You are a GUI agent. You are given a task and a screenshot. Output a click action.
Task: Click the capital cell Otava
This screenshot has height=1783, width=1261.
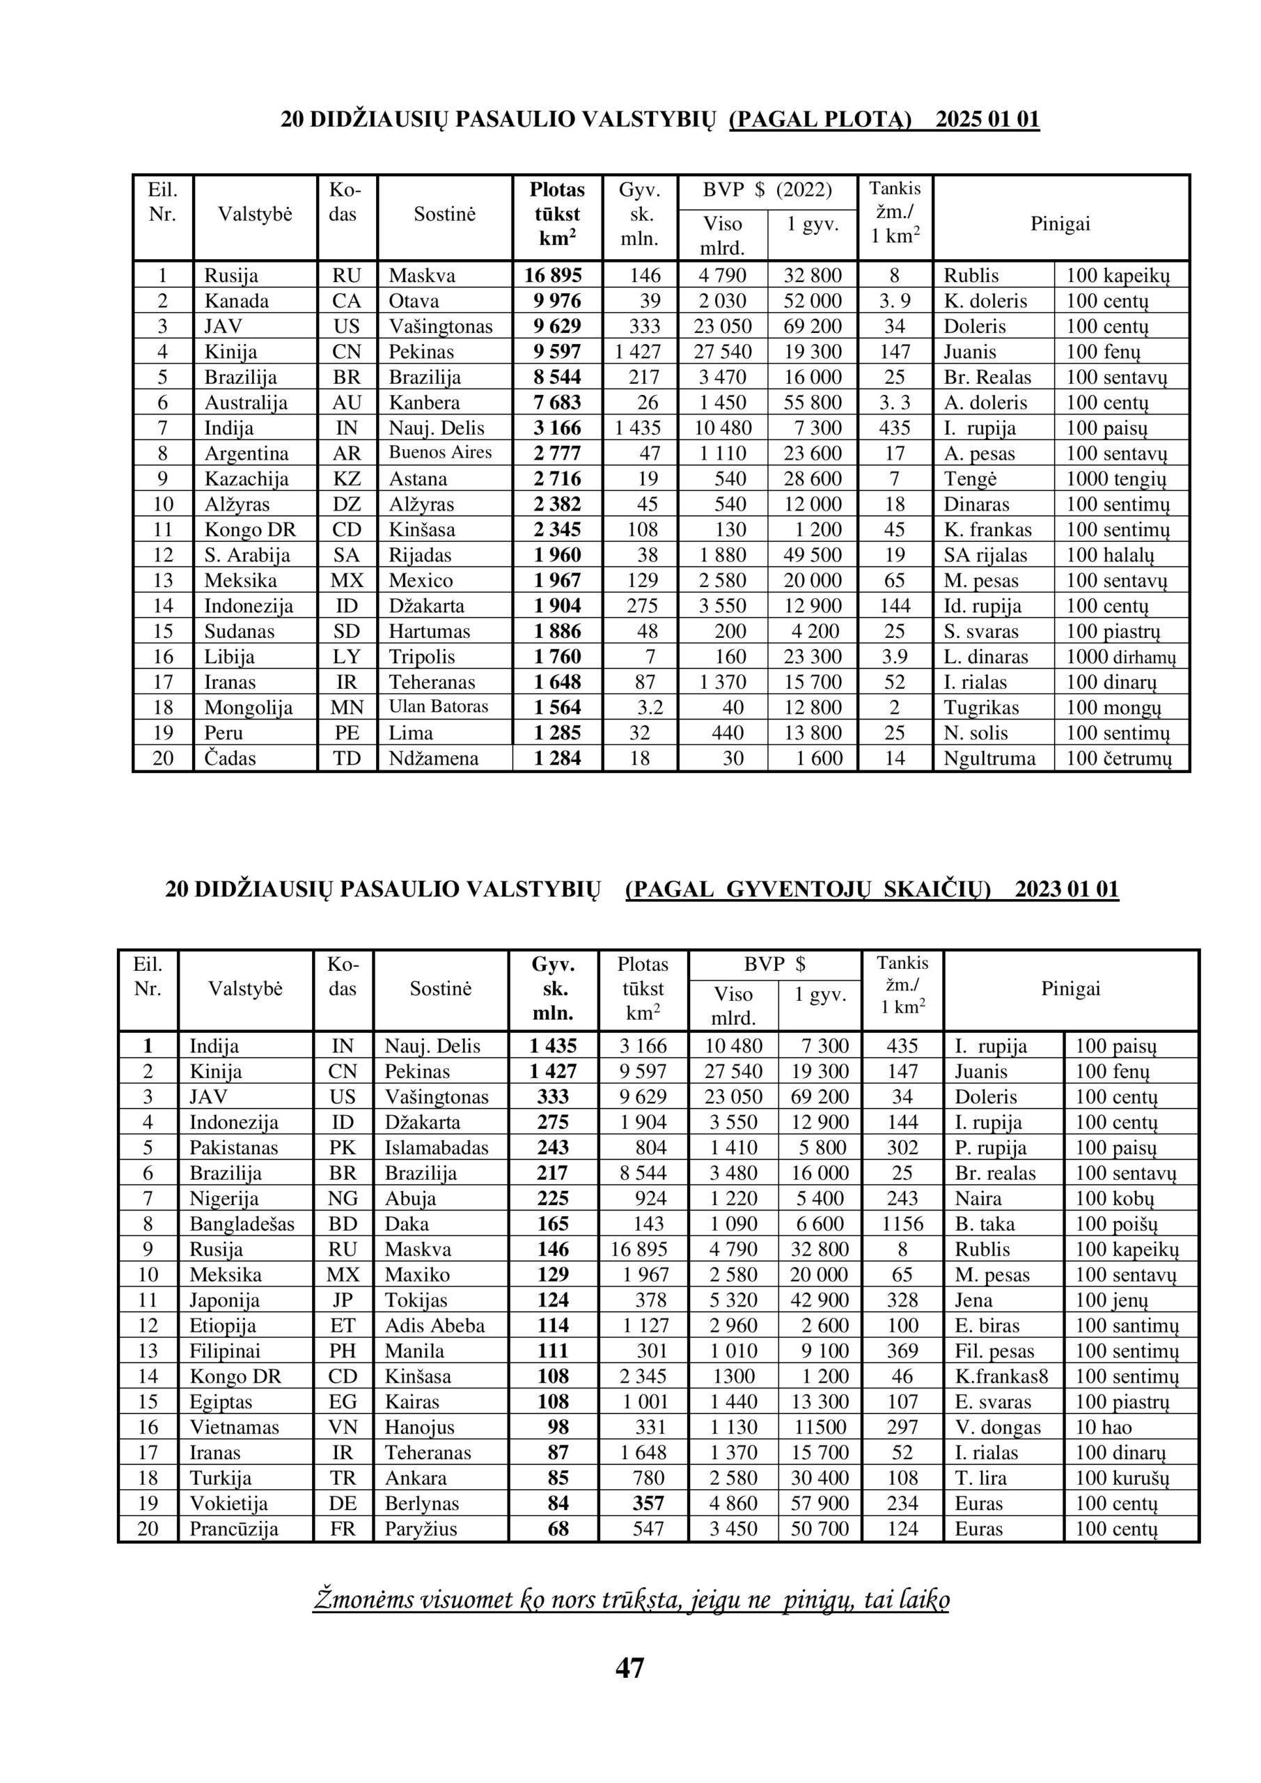coord(414,302)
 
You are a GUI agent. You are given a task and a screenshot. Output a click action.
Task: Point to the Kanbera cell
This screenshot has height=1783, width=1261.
coord(424,403)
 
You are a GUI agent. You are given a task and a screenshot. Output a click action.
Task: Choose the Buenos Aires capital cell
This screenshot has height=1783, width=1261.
coord(440,453)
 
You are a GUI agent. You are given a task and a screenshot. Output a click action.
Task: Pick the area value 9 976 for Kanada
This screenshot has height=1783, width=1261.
coord(558,302)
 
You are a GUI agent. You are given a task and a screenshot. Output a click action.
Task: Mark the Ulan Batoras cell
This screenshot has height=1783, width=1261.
coord(439,707)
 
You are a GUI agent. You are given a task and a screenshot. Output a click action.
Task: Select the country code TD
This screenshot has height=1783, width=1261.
coord(347,758)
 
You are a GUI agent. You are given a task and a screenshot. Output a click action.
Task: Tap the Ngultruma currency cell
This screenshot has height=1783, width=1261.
coord(989,758)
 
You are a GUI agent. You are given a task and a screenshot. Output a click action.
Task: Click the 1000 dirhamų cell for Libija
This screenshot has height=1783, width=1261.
coord(1121,657)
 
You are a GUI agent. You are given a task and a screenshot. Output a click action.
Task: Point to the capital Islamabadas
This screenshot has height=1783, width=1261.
coord(437,1148)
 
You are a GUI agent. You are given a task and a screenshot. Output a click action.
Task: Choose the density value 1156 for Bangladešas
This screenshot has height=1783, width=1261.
coord(903,1224)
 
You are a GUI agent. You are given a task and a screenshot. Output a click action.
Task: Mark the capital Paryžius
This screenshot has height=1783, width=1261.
coord(421,1529)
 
